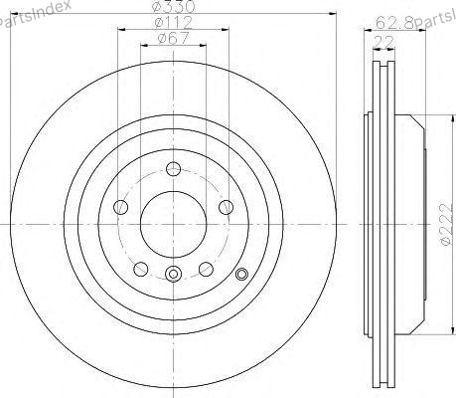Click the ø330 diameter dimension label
point(173,6)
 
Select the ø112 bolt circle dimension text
point(173,23)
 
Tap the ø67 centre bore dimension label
point(173,38)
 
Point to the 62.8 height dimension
point(394,23)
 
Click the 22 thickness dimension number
point(383,42)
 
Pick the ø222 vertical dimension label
point(447,224)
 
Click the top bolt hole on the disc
point(173,169)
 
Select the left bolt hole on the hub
point(120,207)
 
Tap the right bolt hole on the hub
point(226,207)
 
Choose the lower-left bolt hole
point(141,269)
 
